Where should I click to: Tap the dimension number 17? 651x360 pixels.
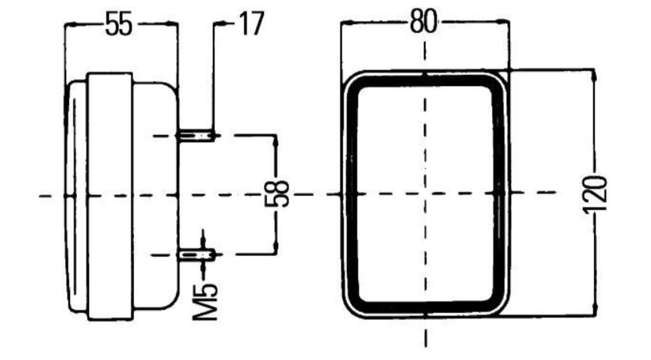251,24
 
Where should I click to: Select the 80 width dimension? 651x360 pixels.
423,21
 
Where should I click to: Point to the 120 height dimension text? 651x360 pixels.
595,195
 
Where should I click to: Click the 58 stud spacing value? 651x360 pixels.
277,194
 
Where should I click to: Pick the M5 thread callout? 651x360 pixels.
206,301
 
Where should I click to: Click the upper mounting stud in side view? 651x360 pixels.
197,135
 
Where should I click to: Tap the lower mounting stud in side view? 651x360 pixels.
197,254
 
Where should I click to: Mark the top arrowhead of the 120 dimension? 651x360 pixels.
594,76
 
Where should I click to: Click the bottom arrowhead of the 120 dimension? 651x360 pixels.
594,310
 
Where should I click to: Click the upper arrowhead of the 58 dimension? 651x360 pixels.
276,142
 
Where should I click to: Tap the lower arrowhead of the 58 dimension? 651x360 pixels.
276,247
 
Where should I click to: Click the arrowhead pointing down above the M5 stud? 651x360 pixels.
203,242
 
